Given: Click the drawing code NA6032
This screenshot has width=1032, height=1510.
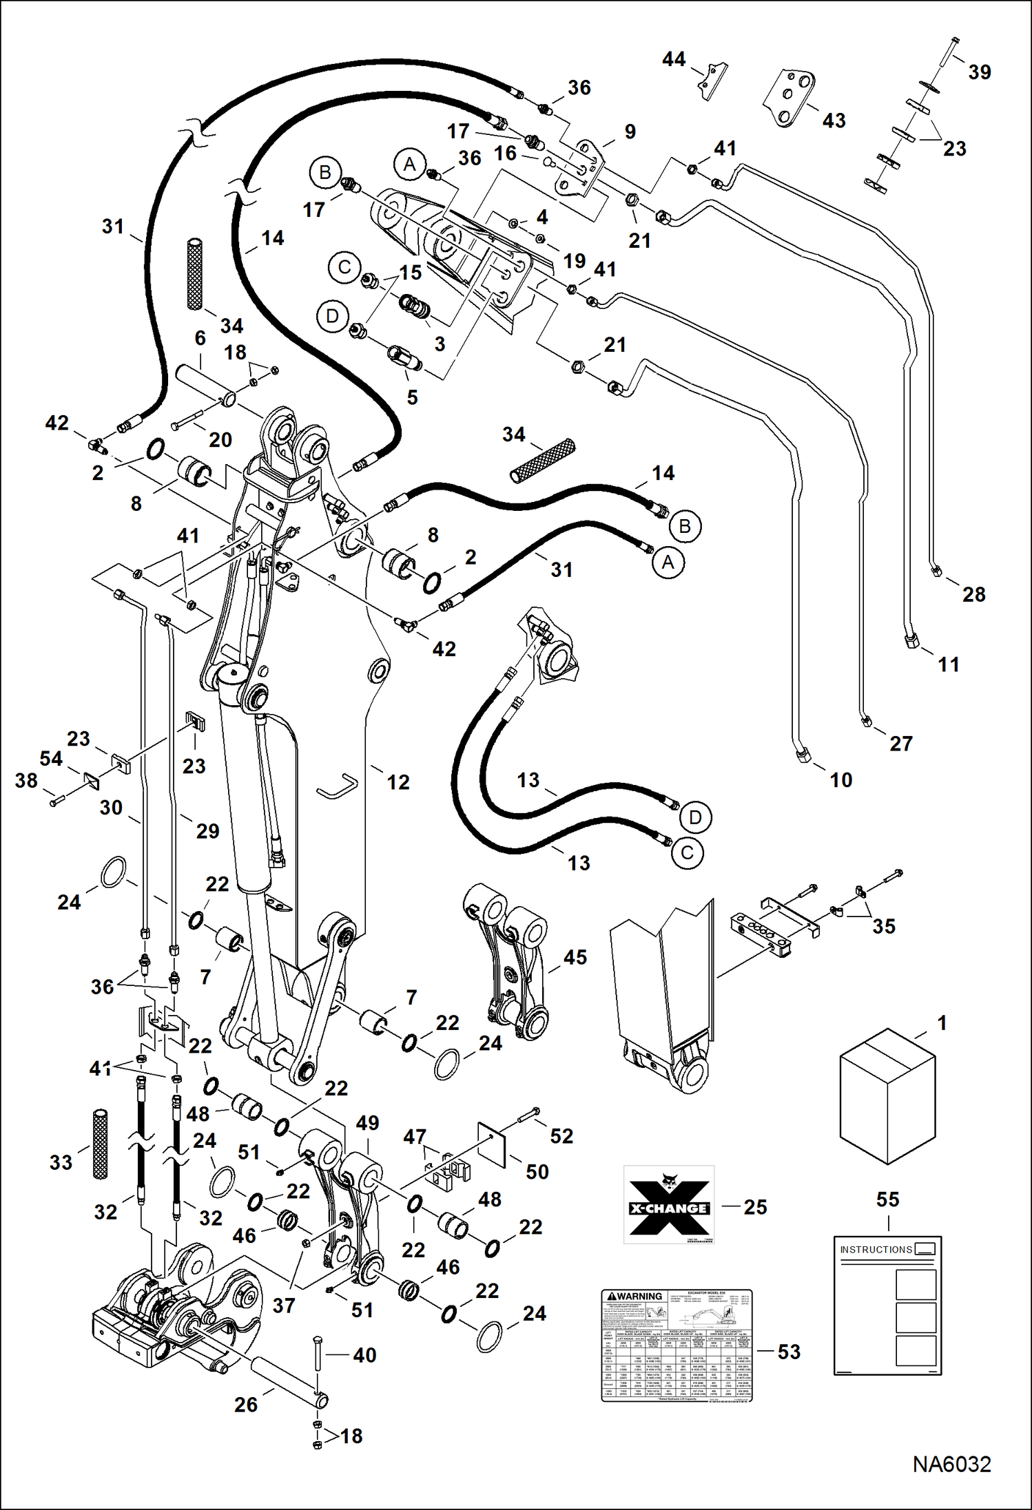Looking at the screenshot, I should click(951, 1464).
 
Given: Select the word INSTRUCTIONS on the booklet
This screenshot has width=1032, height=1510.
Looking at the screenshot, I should click(876, 1249).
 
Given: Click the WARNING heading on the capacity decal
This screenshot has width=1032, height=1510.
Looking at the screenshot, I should click(634, 1296).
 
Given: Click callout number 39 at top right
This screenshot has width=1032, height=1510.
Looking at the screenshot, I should click(979, 72).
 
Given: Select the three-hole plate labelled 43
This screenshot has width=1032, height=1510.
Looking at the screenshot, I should click(790, 98).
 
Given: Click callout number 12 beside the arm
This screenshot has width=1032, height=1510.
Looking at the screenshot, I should click(398, 782).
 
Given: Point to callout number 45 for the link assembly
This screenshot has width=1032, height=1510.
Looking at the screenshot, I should click(575, 957).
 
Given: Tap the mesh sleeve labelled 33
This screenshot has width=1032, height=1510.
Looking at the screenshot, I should click(101, 1144).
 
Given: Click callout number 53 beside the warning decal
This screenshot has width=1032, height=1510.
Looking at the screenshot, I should click(789, 1352).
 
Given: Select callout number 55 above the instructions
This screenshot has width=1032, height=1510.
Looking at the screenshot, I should click(887, 1199).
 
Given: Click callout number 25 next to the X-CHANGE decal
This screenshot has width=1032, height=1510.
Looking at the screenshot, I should click(755, 1207).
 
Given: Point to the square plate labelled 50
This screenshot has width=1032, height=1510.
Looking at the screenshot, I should click(492, 1146).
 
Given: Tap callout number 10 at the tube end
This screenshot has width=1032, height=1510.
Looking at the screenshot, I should click(840, 780).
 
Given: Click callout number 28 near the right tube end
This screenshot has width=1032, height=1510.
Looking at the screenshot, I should click(973, 594).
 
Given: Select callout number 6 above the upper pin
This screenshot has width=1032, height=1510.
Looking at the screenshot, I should click(200, 338).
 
